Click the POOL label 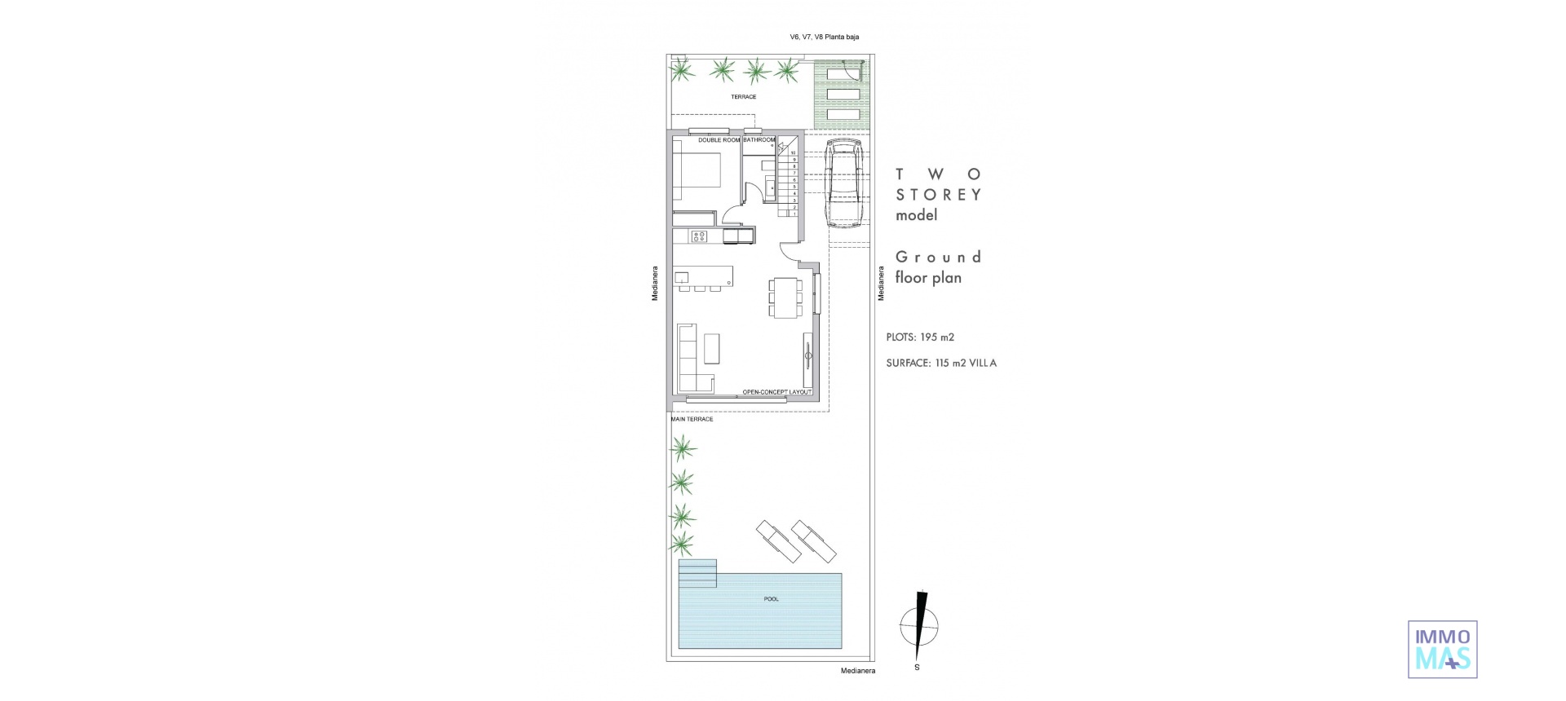[x=771, y=599]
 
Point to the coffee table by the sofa [x=712, y=348]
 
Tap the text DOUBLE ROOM [x=719, y=140]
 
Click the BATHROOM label [x=759, y=140]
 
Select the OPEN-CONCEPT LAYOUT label [x=776, y=392]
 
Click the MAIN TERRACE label [x=692, y=419]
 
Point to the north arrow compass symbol [x=919, y=626]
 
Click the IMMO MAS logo [x=1443, y=649]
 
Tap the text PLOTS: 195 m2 [x=920, y=337]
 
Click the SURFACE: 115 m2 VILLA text [x=941, y=364]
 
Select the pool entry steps [x=697, y=573]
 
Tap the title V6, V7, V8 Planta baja [x=824, y=37]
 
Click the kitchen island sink [x=683, y=278]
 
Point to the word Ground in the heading [x=938, y=257]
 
